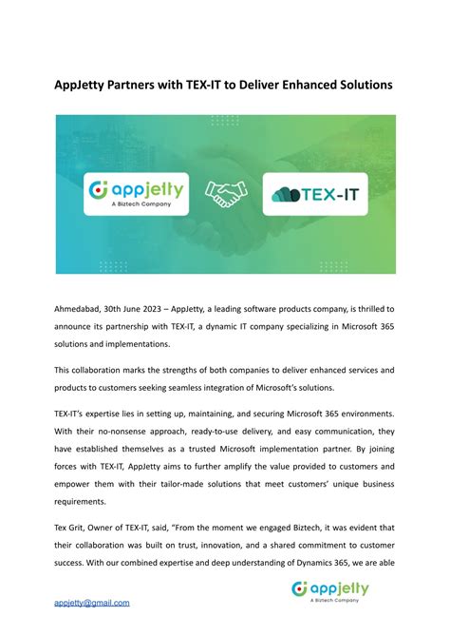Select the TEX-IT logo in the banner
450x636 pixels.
pos(313,194)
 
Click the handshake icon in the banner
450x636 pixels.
pos(225,194)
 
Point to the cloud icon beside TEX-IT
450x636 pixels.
pos(286,194)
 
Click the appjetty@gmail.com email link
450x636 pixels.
pos(91,603)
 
